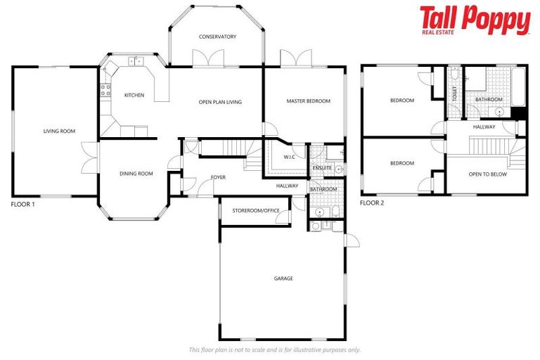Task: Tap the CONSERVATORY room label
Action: click(x=217, y=37)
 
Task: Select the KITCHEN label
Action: click(x=134, y=95)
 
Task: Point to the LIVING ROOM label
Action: click(x=59, y=131)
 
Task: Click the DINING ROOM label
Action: click(x=136, y=174)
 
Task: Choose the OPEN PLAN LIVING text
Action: click(x=220, y=102)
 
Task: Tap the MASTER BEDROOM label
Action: click(x=308, y=101)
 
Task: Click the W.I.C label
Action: click(x=289, y=157)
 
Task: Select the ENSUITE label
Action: click(x=322, y=168)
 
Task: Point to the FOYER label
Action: click(x=219, y=177)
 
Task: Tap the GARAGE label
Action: click(x=283, y=278)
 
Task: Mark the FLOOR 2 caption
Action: click(x=372, y=203)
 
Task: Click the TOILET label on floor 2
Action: click(x=455, y=94)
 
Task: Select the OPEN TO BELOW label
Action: click(x=487, y=174)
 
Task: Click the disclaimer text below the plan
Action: click(x=274, y=349)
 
